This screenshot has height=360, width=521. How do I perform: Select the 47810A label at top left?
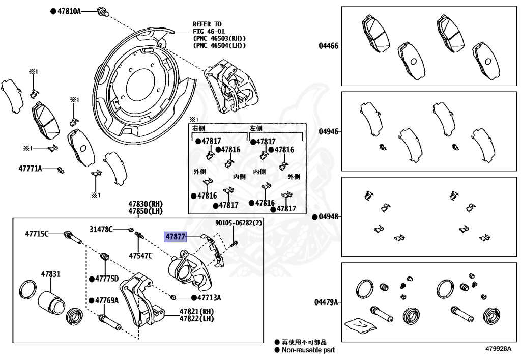(x=69, y=11)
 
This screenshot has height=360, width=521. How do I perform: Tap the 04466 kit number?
(x=329, y=46)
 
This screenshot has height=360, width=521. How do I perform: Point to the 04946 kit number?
(x=329, y=131)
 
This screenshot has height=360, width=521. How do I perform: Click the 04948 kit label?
(x=329, y=216)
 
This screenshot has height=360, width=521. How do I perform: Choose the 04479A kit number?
(x=326, y=302)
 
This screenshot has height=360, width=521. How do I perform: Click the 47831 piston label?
(x=50, y=274)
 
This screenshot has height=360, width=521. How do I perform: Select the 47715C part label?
(x=37, y=234)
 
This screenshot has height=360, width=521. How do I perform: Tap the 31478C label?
(x=101, y=229)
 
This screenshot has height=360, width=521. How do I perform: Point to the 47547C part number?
(x=140, y=255)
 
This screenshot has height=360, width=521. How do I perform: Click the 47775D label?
(x=106, y=279)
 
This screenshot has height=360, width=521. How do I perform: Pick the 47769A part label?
(x=106, y=300)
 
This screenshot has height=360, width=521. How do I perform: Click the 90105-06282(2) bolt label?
(x=238, y=223)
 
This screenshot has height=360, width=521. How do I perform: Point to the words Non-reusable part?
(x=308, y=350)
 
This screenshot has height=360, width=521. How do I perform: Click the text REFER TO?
(x=207, y=24)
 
